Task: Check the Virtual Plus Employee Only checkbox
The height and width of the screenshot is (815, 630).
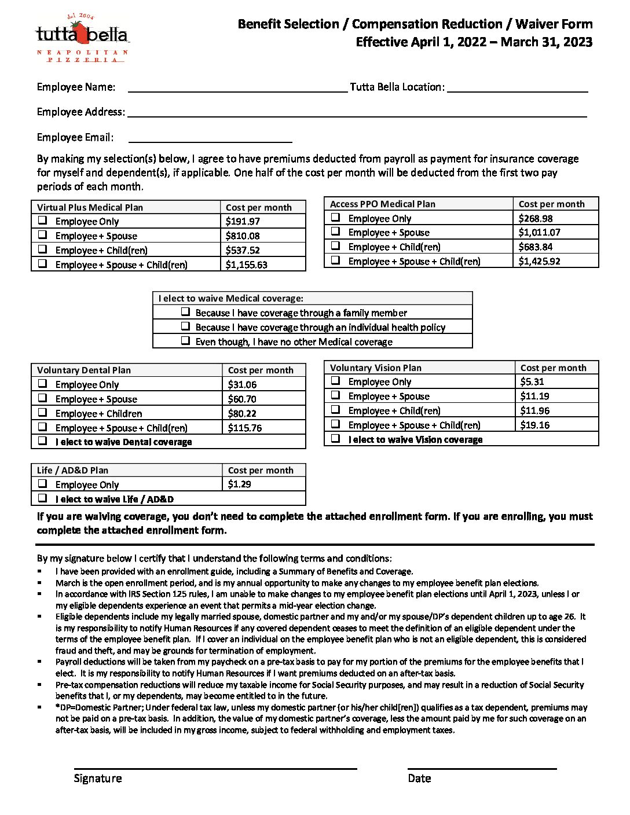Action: tap(43, 221)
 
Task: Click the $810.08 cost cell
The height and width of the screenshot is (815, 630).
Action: tap(243, 236)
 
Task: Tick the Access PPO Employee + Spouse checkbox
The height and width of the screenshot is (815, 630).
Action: tap(336, 232)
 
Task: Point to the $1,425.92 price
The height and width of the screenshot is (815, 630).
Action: tap(539, 261)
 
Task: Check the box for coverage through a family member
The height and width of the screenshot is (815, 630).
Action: tap(185, 312)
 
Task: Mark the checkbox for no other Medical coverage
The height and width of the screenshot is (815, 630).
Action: tap(185, 341)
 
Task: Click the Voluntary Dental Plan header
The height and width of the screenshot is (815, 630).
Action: tap(84, 370)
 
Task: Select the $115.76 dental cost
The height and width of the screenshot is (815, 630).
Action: tap(245, 428)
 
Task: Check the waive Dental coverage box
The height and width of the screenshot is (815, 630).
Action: tap(43, 441)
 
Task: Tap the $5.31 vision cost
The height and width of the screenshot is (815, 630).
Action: tap(532, 381)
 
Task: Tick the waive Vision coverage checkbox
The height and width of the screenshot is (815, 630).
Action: tap(336, 439)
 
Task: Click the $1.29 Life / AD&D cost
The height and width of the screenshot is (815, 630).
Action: tap(239, 484)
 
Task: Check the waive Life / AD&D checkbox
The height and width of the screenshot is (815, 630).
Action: tap(43, 498)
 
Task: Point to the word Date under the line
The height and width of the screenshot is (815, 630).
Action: tap(419, 779)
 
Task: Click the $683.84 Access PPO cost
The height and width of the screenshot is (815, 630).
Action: tap(536, 247)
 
